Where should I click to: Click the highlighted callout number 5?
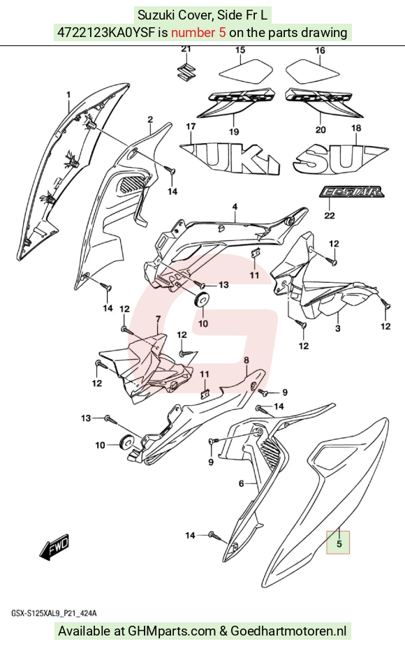[339, 543]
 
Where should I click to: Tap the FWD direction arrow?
[54, 548]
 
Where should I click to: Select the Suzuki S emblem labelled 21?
[186, 72]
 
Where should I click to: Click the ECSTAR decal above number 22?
[351, 191]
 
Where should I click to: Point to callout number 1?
[68, 95]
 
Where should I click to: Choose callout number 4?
[235, 207]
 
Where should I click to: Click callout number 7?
[157, 319]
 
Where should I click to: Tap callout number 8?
[246, 360]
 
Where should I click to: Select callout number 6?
[242, 483]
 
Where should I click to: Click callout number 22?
[330, 215]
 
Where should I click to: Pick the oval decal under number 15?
[240, 70]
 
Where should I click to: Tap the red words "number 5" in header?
[198, 32]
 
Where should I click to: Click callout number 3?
[338, 329]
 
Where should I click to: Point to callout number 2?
[150, 119]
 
